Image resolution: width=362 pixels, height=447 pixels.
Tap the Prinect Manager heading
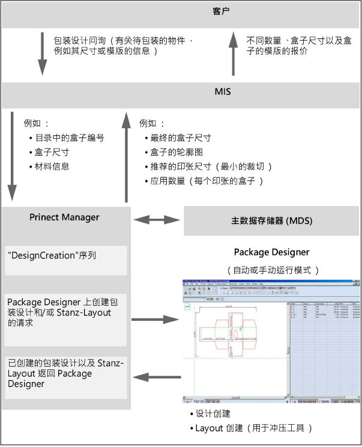[64, 217]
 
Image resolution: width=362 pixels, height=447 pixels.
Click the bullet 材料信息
[53, 166]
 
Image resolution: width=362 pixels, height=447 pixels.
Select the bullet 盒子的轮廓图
[176, 152]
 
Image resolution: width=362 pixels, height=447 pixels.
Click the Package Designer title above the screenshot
[271, 252]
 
